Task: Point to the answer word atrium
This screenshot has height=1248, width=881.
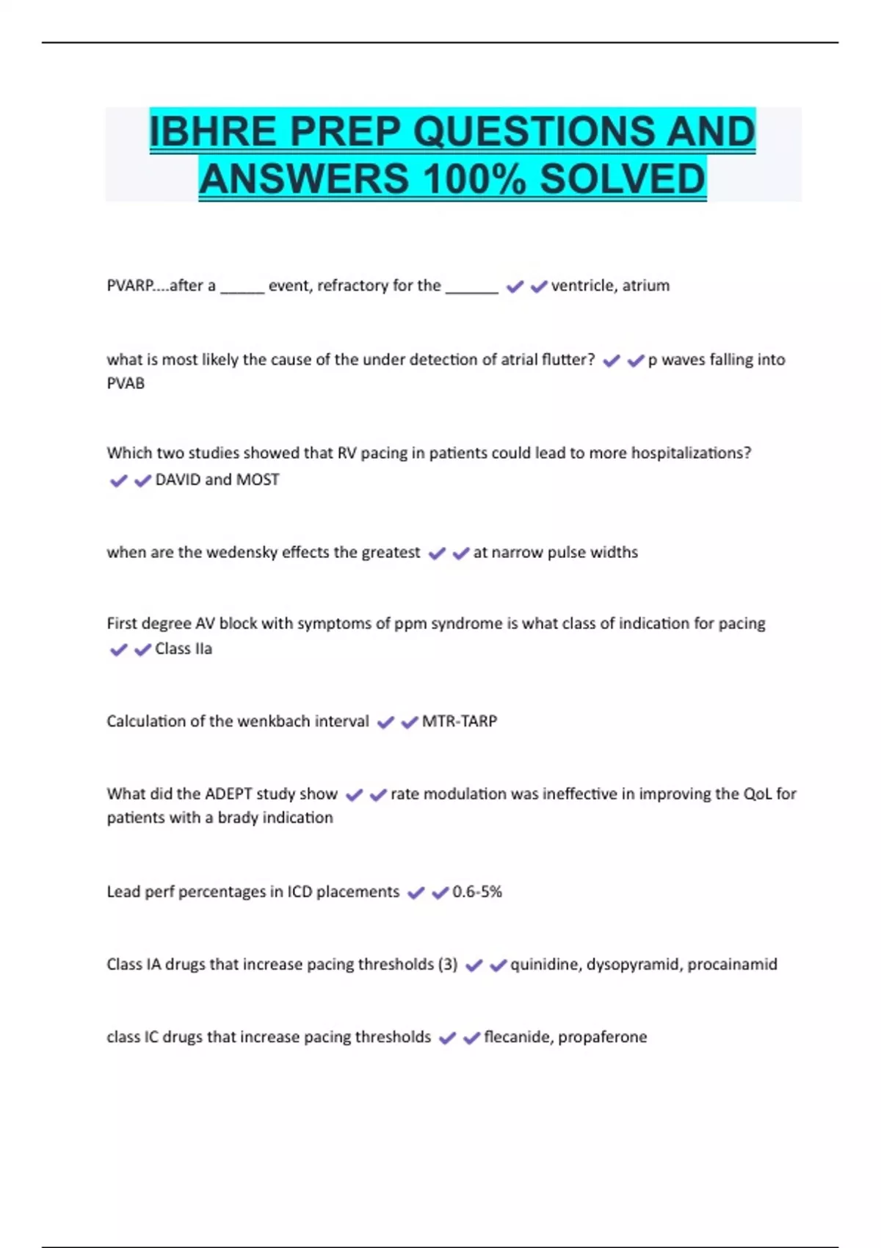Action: coord(646,286)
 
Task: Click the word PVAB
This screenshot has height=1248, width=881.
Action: coord(126,383)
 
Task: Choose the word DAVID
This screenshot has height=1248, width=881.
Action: coord(177,479)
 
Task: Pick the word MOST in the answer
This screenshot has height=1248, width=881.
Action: coord(258,479)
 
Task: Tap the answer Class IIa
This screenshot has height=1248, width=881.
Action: coord(184,649)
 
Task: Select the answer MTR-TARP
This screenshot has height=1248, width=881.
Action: coord(460,722)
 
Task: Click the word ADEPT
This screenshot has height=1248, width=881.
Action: coord(228,794)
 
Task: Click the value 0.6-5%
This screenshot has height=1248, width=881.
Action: coord(477,892)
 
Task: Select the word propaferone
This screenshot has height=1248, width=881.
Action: coord(603,1037)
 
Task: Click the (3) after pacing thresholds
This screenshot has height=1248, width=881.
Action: coord(447,964)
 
